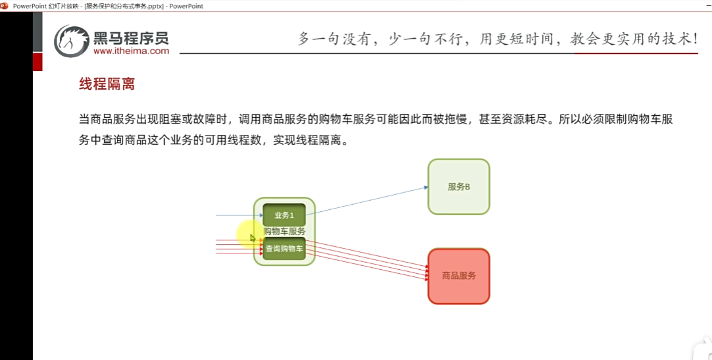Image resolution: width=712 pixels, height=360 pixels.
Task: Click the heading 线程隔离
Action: pyautogui.click(x=107, y=84)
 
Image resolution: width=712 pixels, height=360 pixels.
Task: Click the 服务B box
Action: pyautogui.click(x=459, y=187)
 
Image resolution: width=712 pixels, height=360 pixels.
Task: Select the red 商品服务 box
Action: pyautogui.click(x=459, y=276)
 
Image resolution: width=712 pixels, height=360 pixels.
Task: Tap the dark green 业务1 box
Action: pyautogui.click(x=284, y=215)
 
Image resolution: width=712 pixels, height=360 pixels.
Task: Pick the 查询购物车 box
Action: pyautogui.click(x=284, y=249)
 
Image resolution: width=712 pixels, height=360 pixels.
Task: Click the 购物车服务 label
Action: pyautogui.click(x=284, y=232)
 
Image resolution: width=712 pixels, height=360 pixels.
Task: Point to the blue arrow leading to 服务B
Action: pyautogui.click(x=369, y=200)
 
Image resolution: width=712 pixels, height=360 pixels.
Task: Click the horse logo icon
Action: pyautogui.click(x=71, y=41)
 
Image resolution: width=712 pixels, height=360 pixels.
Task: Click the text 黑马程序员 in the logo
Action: pyautogui.click(x=131, y=37)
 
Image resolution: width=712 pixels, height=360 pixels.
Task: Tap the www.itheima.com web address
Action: pyautogui.click(x=131, y=51)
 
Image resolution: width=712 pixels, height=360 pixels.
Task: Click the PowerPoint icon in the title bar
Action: pyautogui.click(x=6, y=6)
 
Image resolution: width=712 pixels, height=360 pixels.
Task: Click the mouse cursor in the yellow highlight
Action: pyautogui.click(x=252, y=238)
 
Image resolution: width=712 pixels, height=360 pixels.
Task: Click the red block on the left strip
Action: pyautogui.click(x=38, y=62)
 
